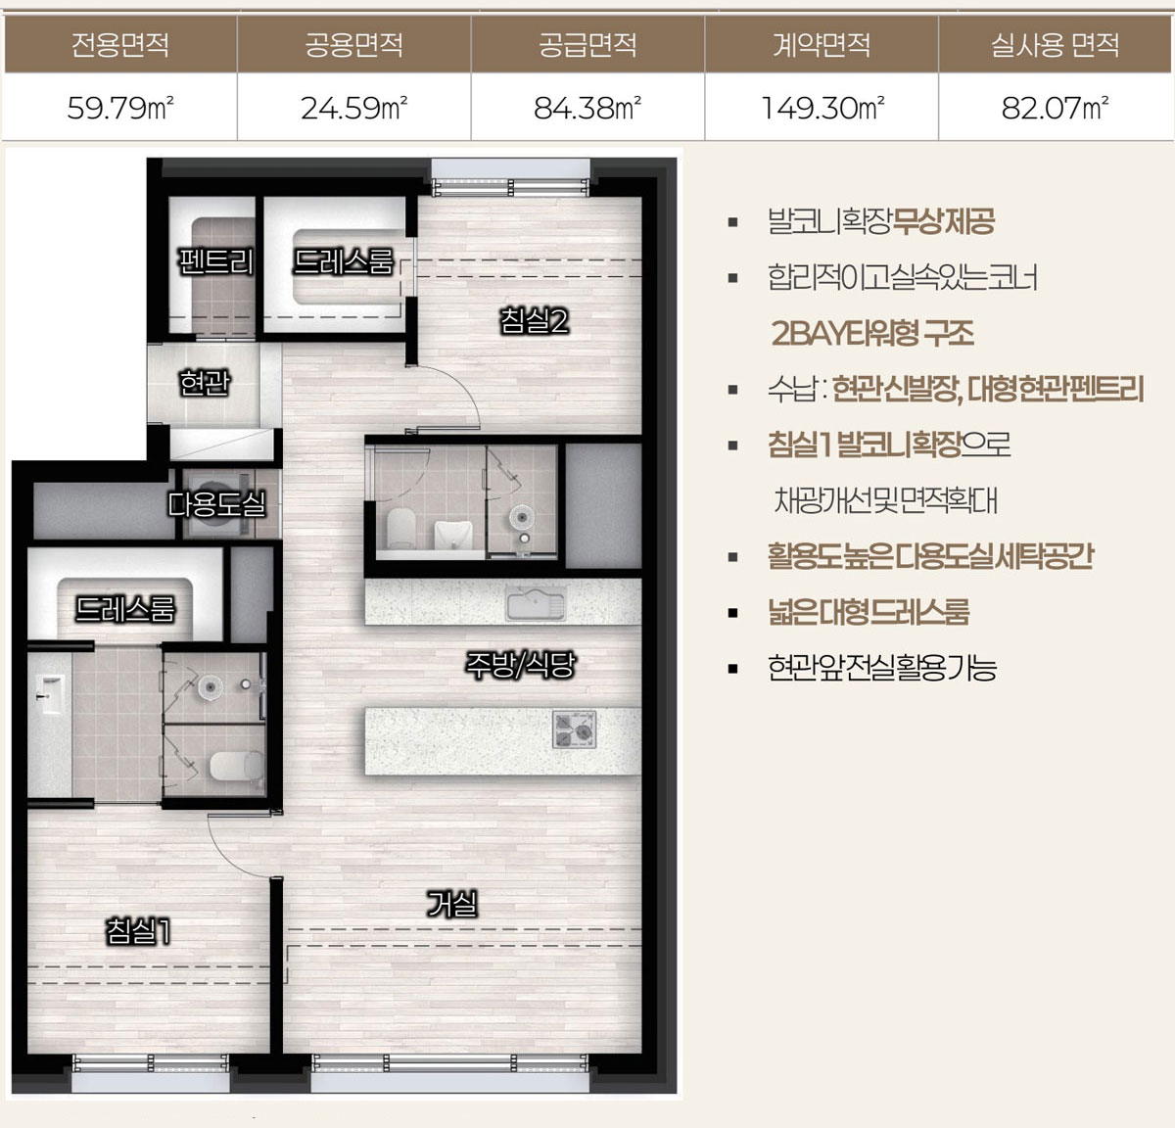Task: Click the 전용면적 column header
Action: coord(120,45)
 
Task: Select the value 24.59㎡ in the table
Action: coord(353,108)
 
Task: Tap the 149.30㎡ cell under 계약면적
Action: coord(822,108)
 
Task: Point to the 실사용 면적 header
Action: coord(1055,45)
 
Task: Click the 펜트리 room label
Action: coord(215,262)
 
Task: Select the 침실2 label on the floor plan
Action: coord(535,320)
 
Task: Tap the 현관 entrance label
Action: coord(204,382)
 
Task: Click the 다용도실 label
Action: coord(216,503)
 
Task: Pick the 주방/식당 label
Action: coord(520,665)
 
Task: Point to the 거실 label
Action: coord(451,904)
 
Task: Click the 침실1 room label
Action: coord(138,930)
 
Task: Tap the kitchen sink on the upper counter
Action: coord(536,602)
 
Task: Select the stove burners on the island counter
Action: coord(574,728)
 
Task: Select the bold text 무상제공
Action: coord(943,221)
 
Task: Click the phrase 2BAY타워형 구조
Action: coord(872,333)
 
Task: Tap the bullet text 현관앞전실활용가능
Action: coord(881,667)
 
